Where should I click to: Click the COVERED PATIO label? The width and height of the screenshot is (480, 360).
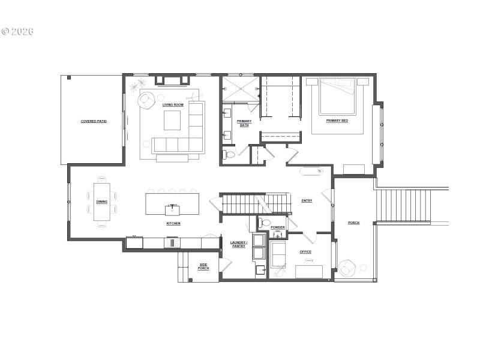(94, 121)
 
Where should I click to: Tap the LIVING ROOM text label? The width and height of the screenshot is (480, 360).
(173, 105)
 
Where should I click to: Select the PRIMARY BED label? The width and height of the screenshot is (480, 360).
(337, 121)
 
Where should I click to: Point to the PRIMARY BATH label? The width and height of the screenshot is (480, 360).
(244, 123)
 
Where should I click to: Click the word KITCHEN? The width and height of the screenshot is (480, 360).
(173, 223)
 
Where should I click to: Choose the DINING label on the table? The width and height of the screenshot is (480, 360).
(101, 202)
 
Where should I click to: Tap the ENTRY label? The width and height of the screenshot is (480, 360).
(307, 200)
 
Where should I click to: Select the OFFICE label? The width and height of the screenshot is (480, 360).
(305, 251)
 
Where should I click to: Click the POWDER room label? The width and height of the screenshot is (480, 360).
(277, 227)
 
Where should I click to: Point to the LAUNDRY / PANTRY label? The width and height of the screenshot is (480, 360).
(238, 244)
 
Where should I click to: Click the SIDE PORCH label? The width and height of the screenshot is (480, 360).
(203, 266)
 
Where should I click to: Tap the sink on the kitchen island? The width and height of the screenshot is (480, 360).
(173, 209)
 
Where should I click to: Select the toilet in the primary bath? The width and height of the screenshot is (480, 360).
(229, 154)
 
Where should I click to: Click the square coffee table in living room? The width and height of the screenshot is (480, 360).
(172, 121)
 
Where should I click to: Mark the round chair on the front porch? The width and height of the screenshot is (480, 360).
(347, 268)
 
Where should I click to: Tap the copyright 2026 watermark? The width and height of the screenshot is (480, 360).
(17, 31)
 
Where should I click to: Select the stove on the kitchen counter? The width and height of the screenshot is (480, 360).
(173, 243)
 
